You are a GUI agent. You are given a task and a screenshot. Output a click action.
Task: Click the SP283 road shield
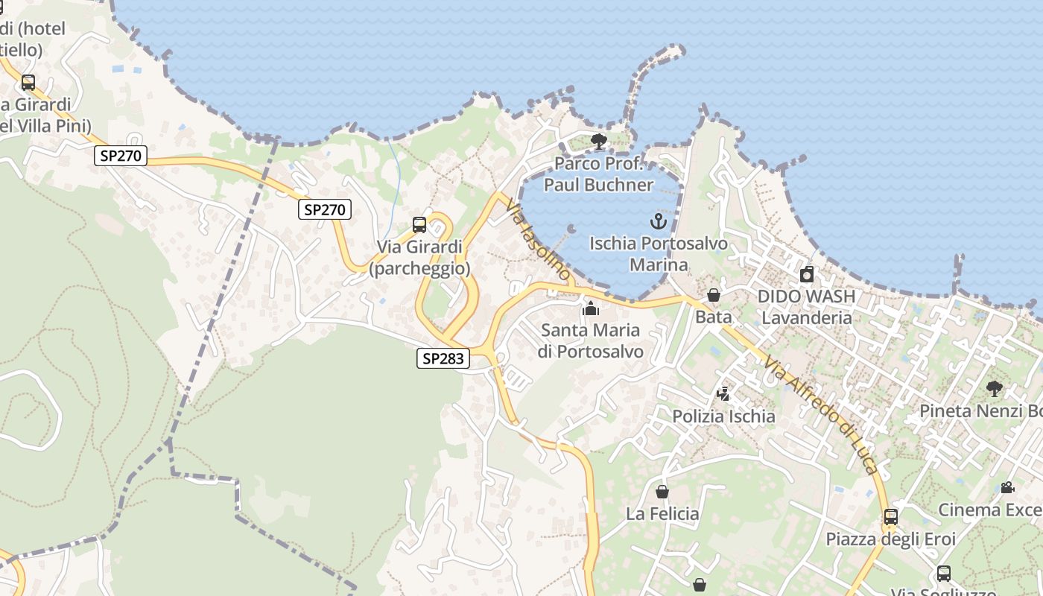443,358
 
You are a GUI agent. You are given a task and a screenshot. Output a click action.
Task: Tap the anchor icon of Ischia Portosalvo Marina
658,221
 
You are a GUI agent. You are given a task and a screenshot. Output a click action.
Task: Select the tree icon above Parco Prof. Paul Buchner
598,142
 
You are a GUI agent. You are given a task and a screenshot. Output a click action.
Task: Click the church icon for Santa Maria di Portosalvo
591,308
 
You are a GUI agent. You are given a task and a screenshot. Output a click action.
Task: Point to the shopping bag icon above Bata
714,296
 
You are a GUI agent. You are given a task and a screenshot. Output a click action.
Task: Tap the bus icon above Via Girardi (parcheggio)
419,225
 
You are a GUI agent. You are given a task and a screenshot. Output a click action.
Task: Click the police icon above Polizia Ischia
723,393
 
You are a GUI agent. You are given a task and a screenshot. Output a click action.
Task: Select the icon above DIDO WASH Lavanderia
806,275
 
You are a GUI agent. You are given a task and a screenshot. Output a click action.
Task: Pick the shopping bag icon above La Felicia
662,492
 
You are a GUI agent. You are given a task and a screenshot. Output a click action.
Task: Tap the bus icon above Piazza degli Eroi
890,516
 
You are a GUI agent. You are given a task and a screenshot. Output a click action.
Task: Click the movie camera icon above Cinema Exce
1007,488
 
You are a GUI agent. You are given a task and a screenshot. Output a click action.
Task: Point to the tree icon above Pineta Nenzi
994,388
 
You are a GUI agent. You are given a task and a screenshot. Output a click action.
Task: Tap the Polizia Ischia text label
723,416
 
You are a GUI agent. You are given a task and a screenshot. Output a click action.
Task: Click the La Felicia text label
662,514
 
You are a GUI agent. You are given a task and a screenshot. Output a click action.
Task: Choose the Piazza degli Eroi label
890,539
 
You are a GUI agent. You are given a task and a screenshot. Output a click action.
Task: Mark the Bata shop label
714,317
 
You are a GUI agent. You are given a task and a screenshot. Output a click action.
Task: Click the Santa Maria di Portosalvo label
592,340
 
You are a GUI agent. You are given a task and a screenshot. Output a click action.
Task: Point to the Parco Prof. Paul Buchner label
598,174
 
